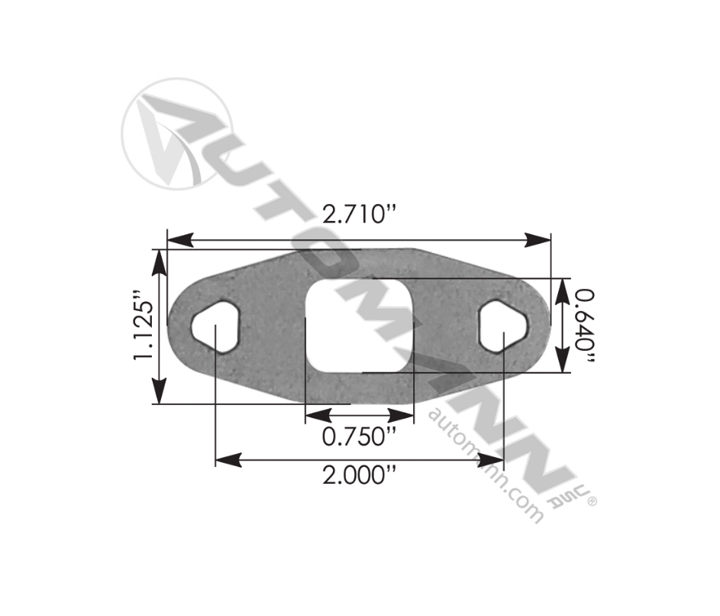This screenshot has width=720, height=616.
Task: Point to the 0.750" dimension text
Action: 359,437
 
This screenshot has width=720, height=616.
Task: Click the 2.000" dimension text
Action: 360,475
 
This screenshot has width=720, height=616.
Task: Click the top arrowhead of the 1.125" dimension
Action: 159,260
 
